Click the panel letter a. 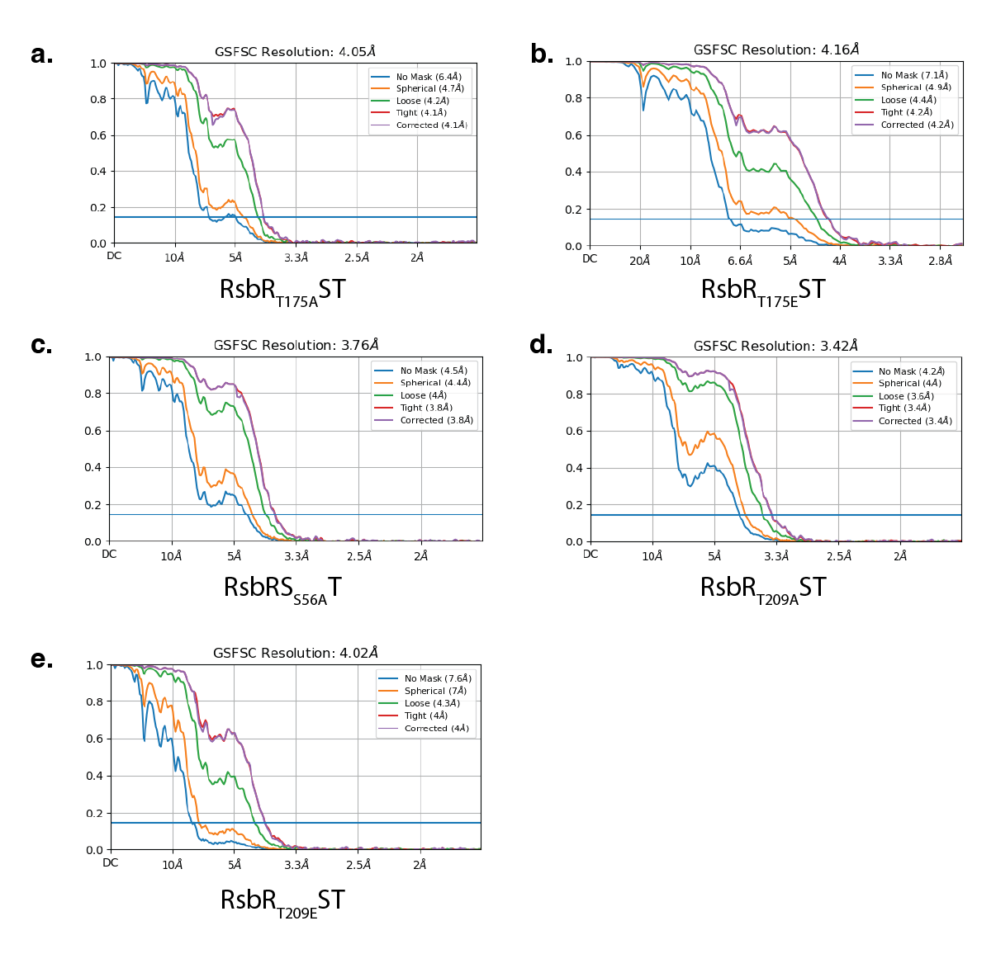(x=42, y=54)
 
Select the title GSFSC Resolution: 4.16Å (x=775, y=50)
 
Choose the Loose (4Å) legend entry (x=424, y=395)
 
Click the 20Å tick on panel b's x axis (x=640, y=262)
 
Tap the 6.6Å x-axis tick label (x=740, y=262)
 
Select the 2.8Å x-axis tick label (x=940, y=262)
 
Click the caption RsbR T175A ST (x=282, y=291)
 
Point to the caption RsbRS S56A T (x=282, y=589)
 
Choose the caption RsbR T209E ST (x=282, y=901)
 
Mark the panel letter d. (x=541, y=345)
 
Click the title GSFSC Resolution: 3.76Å (x=296, y=346)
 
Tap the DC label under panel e (x=111, y=863)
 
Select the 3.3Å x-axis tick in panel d (x=776, y=556)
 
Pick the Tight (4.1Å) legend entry (x=421, y=113)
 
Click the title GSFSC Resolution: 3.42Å (x=775, y=347)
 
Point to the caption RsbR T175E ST (x=762, y=291)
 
